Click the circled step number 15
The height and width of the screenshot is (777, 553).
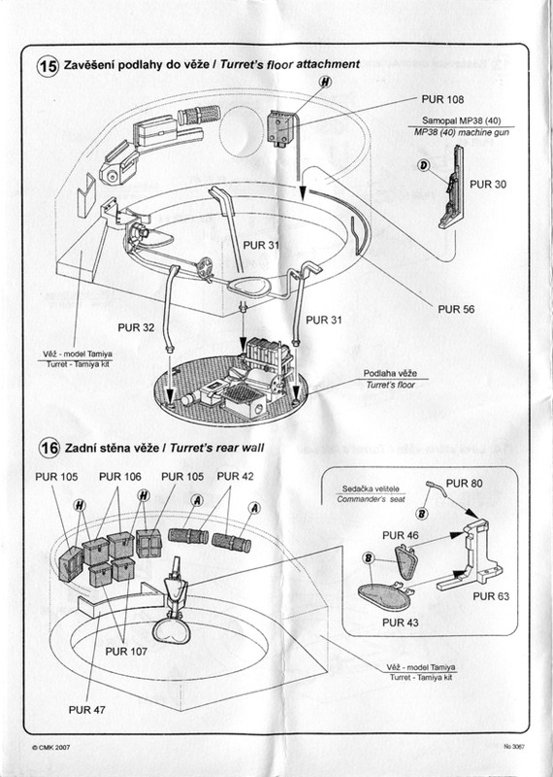(x=48, y=65)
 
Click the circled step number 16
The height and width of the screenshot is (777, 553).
(x=49, y=448)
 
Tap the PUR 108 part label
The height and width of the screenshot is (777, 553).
(x=442, y=99)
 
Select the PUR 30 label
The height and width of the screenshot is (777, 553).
(x=488, y=185)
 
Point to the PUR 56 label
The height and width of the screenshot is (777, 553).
(x=456, y=309)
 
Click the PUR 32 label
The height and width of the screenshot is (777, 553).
(x=136, y=327)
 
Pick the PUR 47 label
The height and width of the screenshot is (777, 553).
(x=87, y=710)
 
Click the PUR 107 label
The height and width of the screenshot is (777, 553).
(x=126, y=651)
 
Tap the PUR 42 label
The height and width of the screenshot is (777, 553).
(x=235, y=476)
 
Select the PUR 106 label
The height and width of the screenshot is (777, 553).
(x=119, y=477)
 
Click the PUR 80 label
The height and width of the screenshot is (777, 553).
(x=465, y=483)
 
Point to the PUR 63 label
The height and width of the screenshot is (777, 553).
(x=491, y=596)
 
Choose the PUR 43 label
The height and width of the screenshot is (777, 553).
(x=401, y=623)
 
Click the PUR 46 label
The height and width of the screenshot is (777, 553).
(x=401, y=535)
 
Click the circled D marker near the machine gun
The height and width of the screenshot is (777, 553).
(x=424, y=165)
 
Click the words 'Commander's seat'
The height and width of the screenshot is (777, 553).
(x=371, y=499)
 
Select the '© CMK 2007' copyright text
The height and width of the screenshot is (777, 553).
(x=50, y=748)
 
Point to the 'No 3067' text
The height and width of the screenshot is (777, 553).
(x=514, y=747)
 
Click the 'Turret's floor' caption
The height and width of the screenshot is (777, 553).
(x=391, y=385)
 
